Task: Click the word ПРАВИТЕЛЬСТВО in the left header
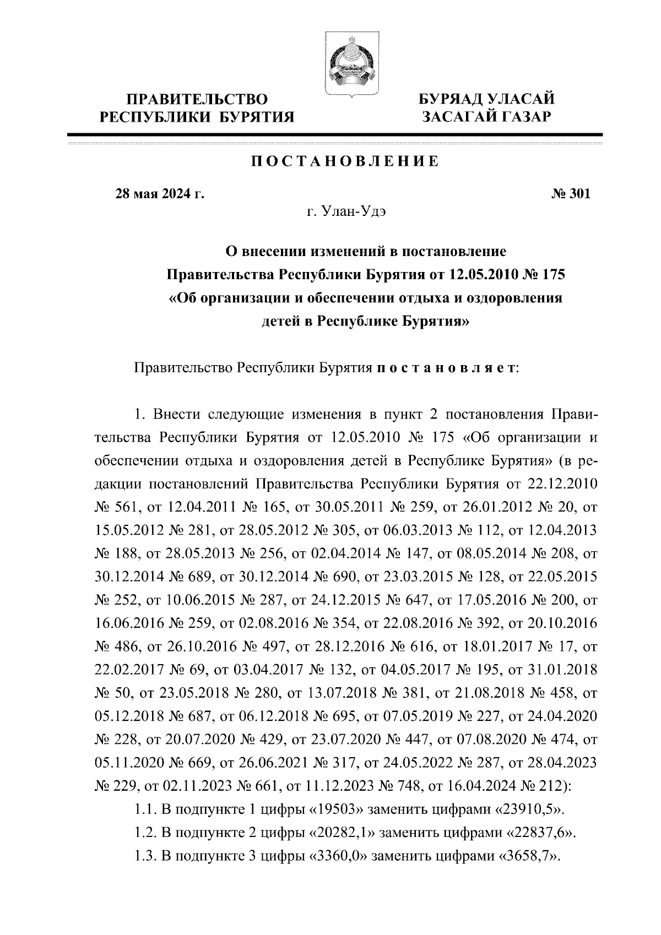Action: coord(197,100)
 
